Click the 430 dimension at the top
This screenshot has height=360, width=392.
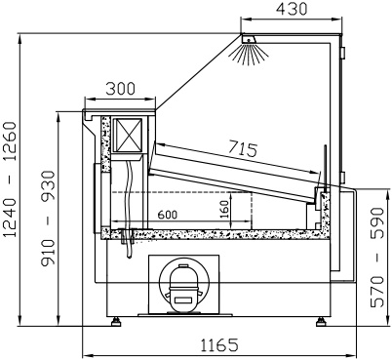pyautogui.click(x=292, y=9)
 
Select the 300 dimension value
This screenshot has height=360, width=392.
pyautogui.click(x=120, y=89)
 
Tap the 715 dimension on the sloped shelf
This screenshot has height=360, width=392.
pyautogui.click(x=243, y=148)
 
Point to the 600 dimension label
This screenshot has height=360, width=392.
pyautogui.click(x=168, y=215)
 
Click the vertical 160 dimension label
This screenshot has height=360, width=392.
pyautogui.click(x=224, y=210)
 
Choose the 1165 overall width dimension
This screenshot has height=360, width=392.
pyautogui.click(x=219, y=345)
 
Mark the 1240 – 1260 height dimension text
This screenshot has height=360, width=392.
pyautogui.click(x=10, y=180)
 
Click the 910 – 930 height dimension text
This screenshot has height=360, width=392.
pyautogui.click(x=49, y=219)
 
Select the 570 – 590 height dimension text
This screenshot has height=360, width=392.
pyautogui.click(x=377, y=257)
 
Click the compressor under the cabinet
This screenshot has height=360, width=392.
pyautogui.click(x=184, y=285)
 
